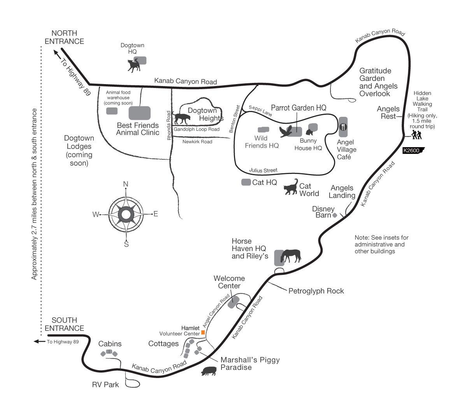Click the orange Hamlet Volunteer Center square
pyautogui.click(x=203, y=332)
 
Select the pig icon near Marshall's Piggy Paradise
pyautogui.click(x=209, y=371)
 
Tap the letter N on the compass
pyautogui.click(x=126, y=184)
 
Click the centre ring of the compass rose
pyautogui.click(x=126, y=214)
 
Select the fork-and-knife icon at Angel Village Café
pyautogui.click(x=343, y=127)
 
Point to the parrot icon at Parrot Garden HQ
pyautogui.click(x=286, y=132)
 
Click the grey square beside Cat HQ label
pyautogui.click(x=246, y=182)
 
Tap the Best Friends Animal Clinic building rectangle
pyautogui.click(x=139, y=113)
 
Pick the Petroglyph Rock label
pyautogui.click(x=316, y=291)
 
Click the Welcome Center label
pyautogui.click(x=229, y=282)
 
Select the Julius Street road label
pyautogui.click(x=263, y=170)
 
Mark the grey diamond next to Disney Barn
pyautogui.click(x=334, y=215)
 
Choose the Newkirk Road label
pyautogui.click(x=197, y=142)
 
